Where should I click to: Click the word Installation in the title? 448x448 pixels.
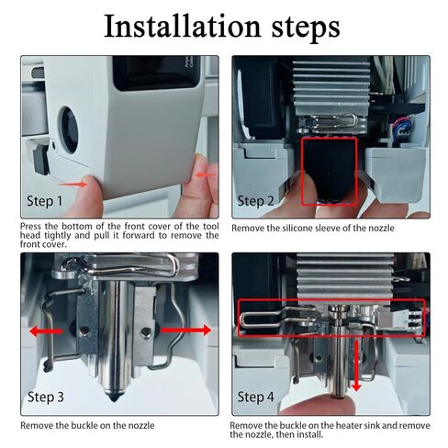tap(182, 26)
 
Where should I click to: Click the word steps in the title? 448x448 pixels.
tap(306, 28)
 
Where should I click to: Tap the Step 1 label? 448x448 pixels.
tap(45, 201)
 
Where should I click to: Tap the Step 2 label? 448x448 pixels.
tap(255, 201)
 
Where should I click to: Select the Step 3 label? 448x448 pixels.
tap(46, 397)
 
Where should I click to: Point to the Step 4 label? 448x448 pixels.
tap(255, 397)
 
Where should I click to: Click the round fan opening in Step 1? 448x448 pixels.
tap(69, 129)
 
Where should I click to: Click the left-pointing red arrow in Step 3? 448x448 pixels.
tap(46, 331)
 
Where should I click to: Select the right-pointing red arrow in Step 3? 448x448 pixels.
tap(186, 330)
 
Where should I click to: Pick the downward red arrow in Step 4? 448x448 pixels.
tap(356, 365)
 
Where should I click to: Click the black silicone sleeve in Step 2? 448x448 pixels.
tap(330, 169)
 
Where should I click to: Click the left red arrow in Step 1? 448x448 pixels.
tap(73, 185)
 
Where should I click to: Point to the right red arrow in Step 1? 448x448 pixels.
tap(207, 175)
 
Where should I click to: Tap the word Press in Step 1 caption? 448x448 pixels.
tap(31, 227)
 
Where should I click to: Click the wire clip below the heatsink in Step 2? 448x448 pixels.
tap(332, 121)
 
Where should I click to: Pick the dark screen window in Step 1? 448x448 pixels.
tap(157, 73)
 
